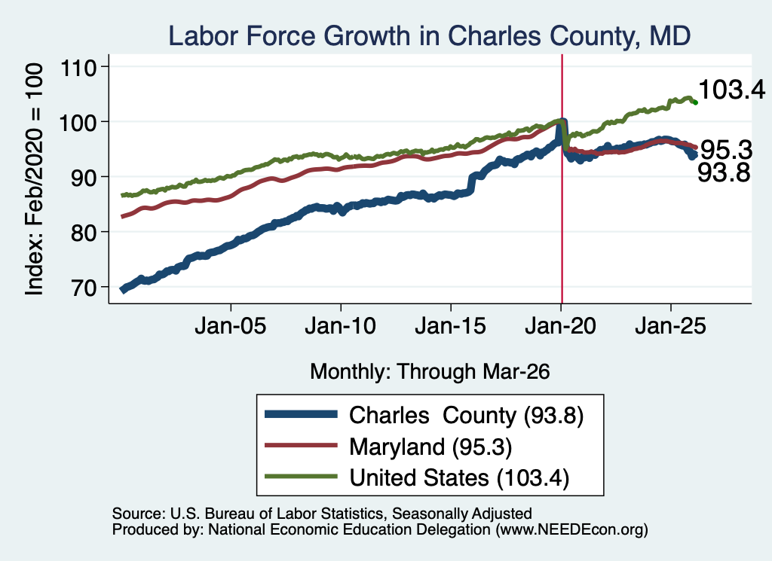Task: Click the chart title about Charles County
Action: point(429,36)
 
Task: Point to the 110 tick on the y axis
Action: point(78,67)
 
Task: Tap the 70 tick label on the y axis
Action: point(84,288)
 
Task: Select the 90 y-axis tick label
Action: point(84,178)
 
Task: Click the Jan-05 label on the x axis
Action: point(231,325)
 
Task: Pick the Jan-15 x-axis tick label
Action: point(451,325)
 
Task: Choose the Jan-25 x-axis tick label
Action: point(670,325)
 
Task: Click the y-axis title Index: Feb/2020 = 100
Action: point(34,179)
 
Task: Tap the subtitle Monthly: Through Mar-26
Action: point(430,372)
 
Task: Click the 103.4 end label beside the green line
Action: point(731,90)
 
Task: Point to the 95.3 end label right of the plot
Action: point(726,149)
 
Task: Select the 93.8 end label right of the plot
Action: point(724,172)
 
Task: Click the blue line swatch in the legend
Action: point(301,414)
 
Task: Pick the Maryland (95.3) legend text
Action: point(430,447)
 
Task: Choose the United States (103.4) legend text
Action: point(459,477)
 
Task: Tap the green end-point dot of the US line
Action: point(695,102)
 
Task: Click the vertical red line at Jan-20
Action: point(562,179)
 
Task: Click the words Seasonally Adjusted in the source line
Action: point(462,514)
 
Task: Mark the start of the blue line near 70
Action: point(123,290)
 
